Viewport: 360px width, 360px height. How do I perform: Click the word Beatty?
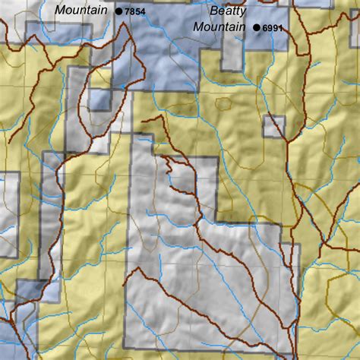tap(229, 11)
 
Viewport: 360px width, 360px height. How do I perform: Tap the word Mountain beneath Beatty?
tap(219, 27)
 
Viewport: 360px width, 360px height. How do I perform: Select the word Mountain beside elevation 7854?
tap(81, 11)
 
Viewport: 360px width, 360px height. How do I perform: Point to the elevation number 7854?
tap(135, 12)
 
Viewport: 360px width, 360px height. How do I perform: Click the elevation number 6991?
tap(273, 28)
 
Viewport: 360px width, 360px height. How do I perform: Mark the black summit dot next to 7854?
tap(118, 11)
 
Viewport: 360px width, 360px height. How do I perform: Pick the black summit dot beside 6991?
tap(257, 28)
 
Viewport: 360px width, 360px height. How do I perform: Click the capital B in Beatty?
tap(214, 11)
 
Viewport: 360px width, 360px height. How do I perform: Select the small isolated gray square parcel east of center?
tap(273, 127)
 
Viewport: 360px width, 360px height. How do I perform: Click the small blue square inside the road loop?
tap(99, 99)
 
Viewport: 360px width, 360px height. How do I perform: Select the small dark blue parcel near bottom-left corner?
tap(30, 289)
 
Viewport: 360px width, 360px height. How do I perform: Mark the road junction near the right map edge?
tap(324, 245)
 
